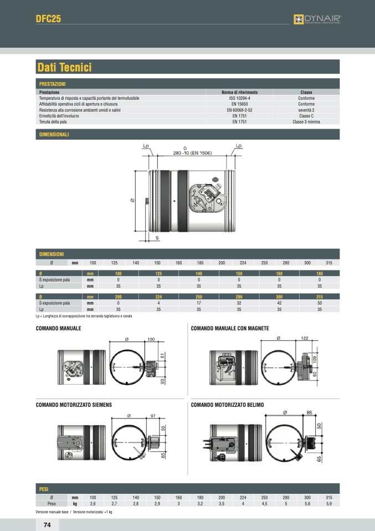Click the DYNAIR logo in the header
(317, 20)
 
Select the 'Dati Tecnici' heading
(64, 68)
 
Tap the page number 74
(47, 524)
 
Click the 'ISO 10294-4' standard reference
(239, 98)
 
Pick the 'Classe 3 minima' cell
(306, 121)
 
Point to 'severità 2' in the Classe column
(306, 110)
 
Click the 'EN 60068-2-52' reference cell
(239, 110)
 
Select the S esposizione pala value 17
(199, 303)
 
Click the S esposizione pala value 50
(320, 303)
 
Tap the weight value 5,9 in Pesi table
(328, 504)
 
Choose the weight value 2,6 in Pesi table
(93, 504)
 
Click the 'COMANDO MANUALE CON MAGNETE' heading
(230, 329)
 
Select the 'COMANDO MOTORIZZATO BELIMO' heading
(227, 405)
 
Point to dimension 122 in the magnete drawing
(305, 338)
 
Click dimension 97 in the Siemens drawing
(153, 415)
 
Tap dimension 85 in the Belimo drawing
(310, 412)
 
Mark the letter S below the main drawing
(157, 237)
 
